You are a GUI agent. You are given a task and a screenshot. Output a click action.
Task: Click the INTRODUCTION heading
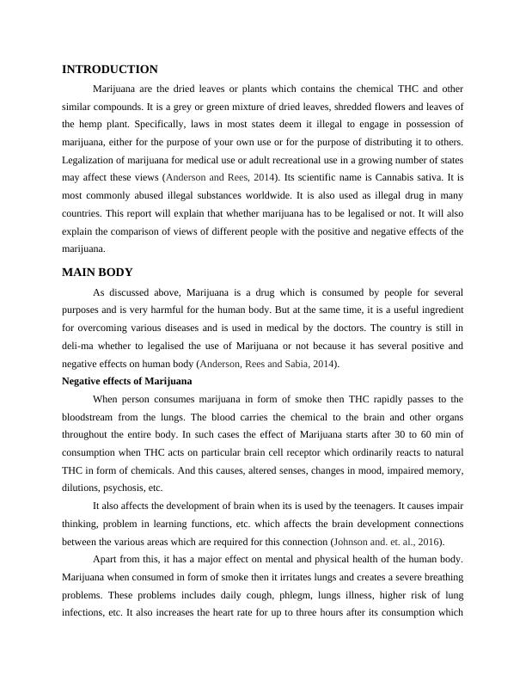[110, 70]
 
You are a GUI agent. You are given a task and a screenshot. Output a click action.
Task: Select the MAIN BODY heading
[97, 273]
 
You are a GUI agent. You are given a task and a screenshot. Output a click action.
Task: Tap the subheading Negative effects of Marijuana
[127, 381]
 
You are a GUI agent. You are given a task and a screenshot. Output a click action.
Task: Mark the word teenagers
[367, 506]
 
